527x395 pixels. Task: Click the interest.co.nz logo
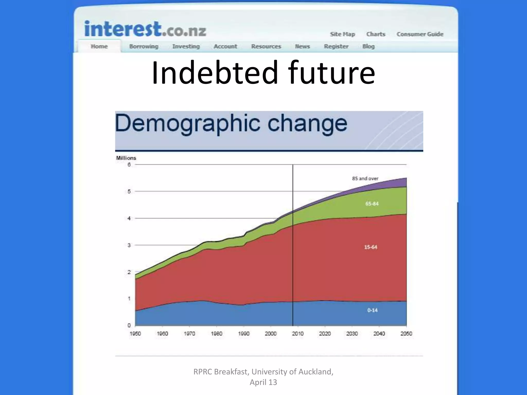[x=145, y=29]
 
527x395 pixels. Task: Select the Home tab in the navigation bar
[x=99, y=47]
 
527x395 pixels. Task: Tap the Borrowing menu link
[x=144, y=47]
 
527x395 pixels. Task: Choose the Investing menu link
[x=186, y=47]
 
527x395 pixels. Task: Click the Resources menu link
[x=266, y=47]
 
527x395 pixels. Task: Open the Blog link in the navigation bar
[x=368, y=47]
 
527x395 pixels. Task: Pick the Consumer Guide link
[x=420, y=34]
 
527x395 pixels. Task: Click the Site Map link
[x=342, y=34]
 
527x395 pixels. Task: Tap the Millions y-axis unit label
[x=126, y=158]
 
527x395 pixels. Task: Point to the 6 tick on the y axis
[x=129, y=165]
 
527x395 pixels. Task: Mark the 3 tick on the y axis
[x=129, y=245]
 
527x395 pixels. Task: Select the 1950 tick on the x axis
[x=135, y=334]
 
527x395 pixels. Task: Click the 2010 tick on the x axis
[x=298, y=334]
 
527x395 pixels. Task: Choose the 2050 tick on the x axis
[x=406, y=334]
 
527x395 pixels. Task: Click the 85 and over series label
[x=365, y=178]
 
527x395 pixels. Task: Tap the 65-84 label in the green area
[x=372, y=204]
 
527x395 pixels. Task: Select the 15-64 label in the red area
[x=371, y=247]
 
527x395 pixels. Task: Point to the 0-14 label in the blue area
[x=372, y=310]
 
